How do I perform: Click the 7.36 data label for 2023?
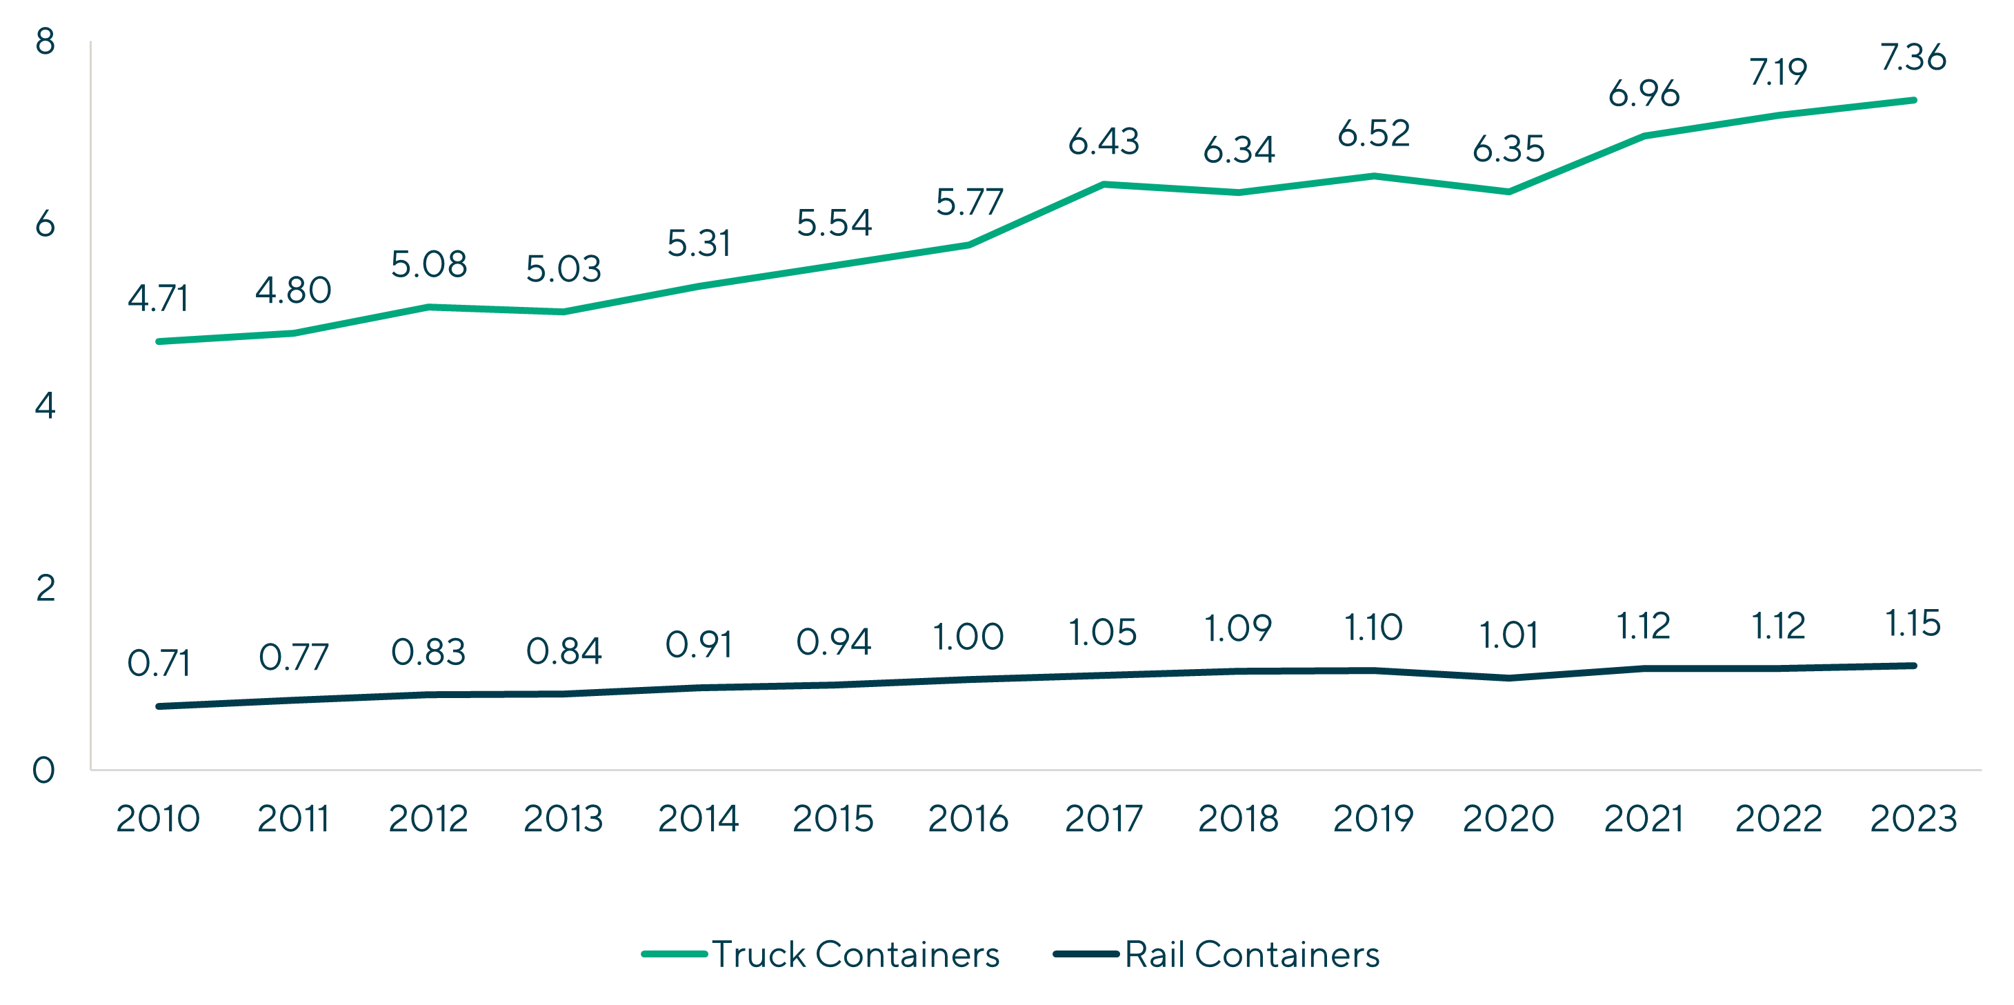pyautogui.click(x=1913, y=58)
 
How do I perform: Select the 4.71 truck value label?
pyautogui.click(x=158, y=299)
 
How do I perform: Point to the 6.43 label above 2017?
pyautogui.click(x=1103, y=141)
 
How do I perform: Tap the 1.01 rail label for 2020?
pyautogui.click(x=1508, y=635)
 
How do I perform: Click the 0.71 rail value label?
pyautogui.click(x=158, y=664)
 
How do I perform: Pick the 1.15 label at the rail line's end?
pyautogui.click(x=1913, y=624)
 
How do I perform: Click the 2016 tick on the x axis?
pyautogui.click(x=968, y=819)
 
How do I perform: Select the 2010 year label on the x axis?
pyautogui.click(x=158, y=819)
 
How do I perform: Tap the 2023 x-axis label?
pyautogui.click(x=1913, y=819)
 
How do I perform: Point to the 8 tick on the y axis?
pyautogui.click(x=46, y=41)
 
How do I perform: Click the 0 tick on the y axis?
pyautogui.click(x=43, y=770)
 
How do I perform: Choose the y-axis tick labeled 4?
pyautogui.click(x=46, y=406)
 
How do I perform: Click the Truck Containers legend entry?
pyautogui.click(x=821, y=954)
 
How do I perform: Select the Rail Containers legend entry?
pyautogui.click(x=1217, y=954)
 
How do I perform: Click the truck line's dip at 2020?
pyautogui.click(x=1508, y=192)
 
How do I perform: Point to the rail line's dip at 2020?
pyautogui.click(x=1508, y=677)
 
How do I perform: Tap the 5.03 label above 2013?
pyautogui.click(x=563, y=270)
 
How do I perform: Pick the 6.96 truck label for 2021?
pyautogui.click(x=1644, y=94)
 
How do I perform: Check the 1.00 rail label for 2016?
pyautogui.click(x=968, y=637)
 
